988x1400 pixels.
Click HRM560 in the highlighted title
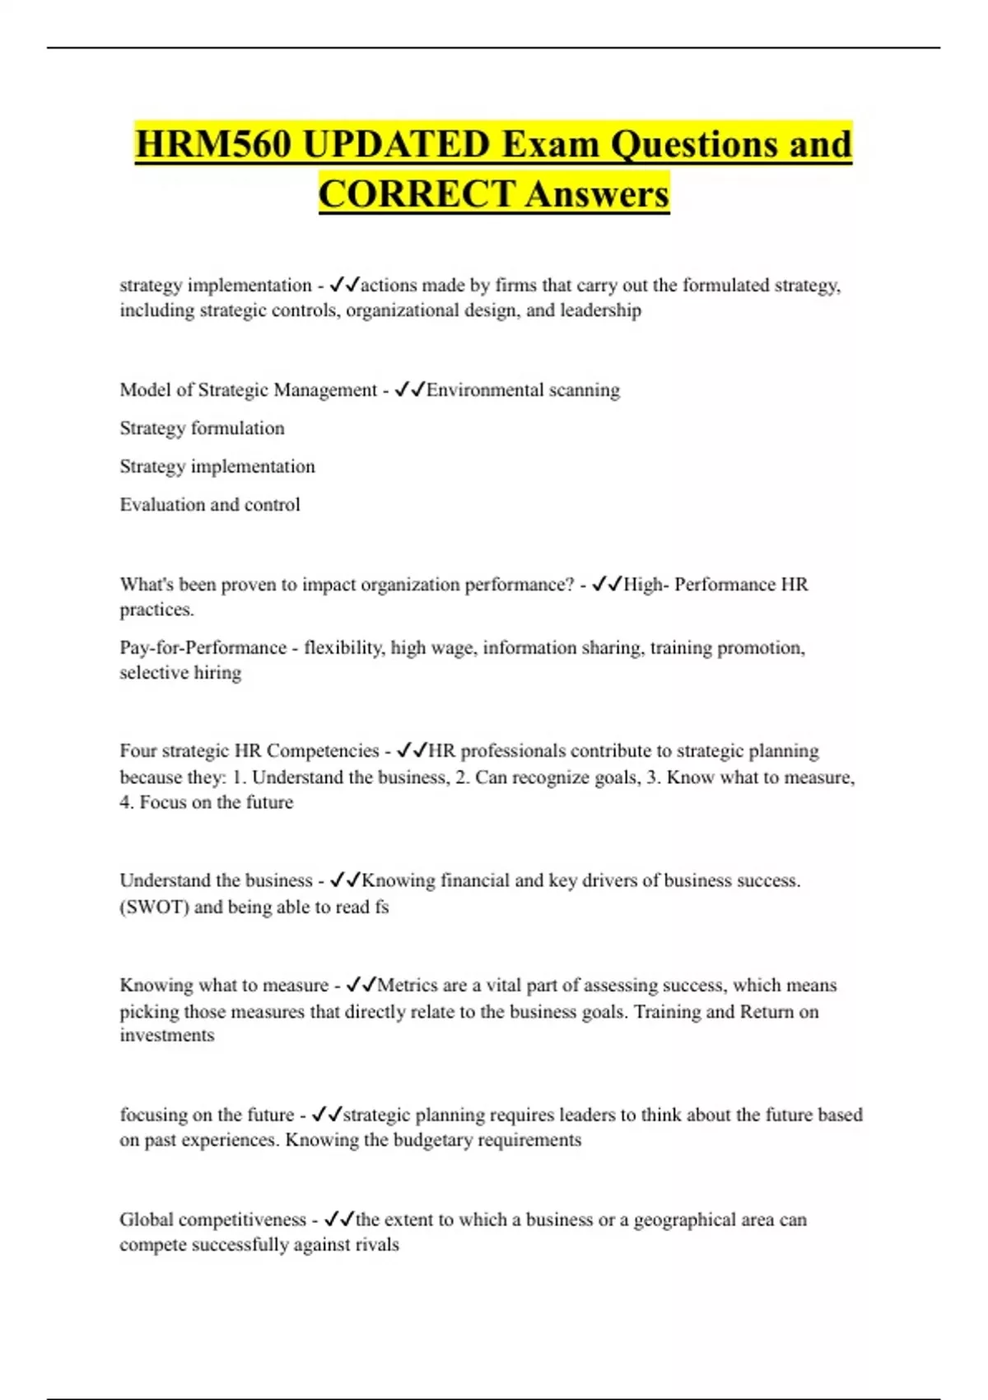click(213, 145)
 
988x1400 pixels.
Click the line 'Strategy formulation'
click(202, 428)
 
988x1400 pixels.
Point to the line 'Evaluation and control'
click(210, 505)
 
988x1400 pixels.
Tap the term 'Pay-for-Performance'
click(203, 648)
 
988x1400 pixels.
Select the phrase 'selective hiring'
click(180, 673)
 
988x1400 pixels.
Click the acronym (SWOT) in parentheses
click(154, 908)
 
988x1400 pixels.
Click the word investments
click(167, 1035)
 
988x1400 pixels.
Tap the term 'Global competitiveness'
click(212, 1220)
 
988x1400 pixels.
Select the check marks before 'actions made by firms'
click(344, 286)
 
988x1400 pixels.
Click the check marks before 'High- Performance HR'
click(607, 585)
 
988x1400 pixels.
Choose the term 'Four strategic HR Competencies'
click(249, 751)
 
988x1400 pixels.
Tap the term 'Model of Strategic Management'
click(248, 390)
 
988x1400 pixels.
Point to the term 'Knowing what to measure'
click(224, 986)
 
